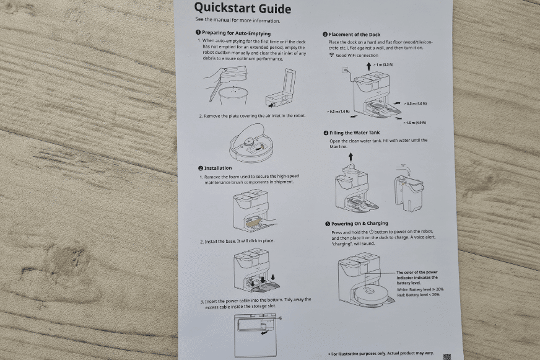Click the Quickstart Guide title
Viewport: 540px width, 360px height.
[243, 8]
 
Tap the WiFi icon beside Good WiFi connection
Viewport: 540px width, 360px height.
[331, 55]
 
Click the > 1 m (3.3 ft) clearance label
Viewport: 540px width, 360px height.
[384, 64]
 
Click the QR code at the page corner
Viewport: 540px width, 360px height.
[446, 356]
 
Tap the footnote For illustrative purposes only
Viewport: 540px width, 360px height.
[381, 353]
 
